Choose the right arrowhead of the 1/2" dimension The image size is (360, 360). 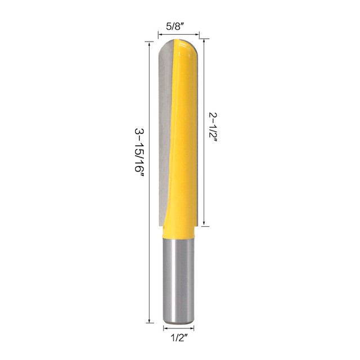point(195,327)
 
